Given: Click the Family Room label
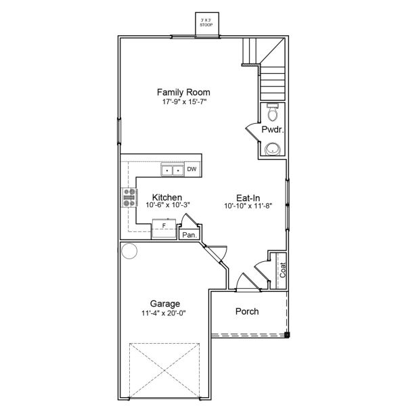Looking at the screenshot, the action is pyautogui.click(x=183, y=92).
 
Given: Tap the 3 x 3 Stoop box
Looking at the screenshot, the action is pyautogui.click(x=207, y=24).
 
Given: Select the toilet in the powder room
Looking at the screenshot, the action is pyautogui.click(x=273, y=112).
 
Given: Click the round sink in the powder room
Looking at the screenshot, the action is pyautogui.click(x=273, y=149).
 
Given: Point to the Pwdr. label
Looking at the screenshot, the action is pyautogui.click(x=273, y=129).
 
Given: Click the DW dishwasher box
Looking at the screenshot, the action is pyautogui.click(x=192, y=169).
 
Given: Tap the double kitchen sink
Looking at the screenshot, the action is pyautogui.click(x=173, y=170).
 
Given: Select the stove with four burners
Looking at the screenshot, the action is pyautogui.click(x=129, y=198).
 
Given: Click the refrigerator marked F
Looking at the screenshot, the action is pyautogui.click(x=164, y=229).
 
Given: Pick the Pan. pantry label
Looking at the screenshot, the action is pyautogui.click(x=189, y=235).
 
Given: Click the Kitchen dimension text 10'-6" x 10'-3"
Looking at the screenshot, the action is pyautogui.click(x=168, y=205).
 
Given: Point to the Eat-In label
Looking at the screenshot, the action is pyautogui.click(x=248, y=198).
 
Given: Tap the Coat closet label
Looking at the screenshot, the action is pyautogui.click(x=283, y=270).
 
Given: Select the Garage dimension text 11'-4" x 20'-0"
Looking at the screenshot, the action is pyautogui.click(x=164, y=313).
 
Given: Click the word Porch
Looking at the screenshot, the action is pyautogui.click(x=247, y=311).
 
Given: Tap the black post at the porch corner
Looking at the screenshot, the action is pyautogui.click(x=287, y=335).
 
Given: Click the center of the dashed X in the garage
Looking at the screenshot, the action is pyautogui.click(x=164, y=371).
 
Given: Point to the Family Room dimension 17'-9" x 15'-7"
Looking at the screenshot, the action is pyautogui.click(x=184, y=101).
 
